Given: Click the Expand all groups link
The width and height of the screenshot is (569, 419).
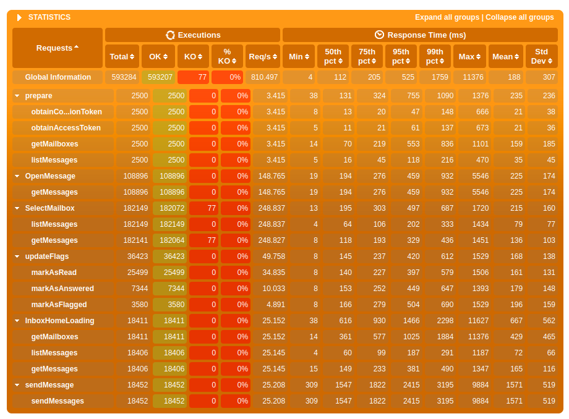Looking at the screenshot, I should pyautogui.click(x=447, y=17).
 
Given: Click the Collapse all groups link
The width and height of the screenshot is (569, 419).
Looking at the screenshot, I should pyautogui.click(x=520, y=17).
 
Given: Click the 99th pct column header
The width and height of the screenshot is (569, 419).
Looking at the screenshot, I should pyautogui.click(x=435, y=56).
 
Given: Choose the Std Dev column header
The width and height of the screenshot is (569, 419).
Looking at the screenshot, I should pyautogui.click(x=541, y=56).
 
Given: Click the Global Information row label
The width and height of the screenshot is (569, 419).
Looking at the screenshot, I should pyautogui.click(x=58, y=77).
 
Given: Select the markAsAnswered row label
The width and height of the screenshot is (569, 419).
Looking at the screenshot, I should pyautogui.click(x=62, y=289).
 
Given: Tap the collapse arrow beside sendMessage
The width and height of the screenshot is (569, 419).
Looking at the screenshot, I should pyautogui.click(x=17, y=385).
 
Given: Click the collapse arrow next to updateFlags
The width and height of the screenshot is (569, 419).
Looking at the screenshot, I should pyautogui.click(x=17, y=256).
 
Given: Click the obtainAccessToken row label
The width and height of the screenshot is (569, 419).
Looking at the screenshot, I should pyautogui.click(x=66, y=128).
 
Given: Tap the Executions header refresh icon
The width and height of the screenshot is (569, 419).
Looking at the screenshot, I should pyautogui.click(x=170, y=35).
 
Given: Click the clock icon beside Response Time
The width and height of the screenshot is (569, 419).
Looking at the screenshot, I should pyautogui.click(x=379, y=35).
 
